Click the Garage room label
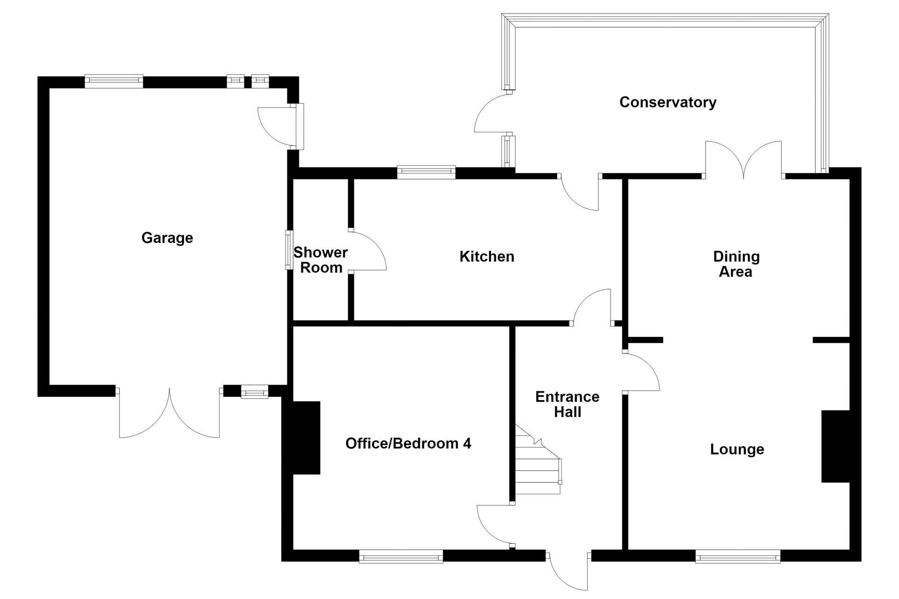pyautogui.click(x=167, y=238)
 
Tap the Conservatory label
pyautogui.click(x=668, y=102)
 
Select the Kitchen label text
pyautogui.click(x=487, y=256)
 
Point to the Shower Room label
pyautogui.click(x=321, y=260)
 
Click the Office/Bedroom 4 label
pyautogui.click(x=408, y=443)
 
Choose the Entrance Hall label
pyautogui.click(x=567, y=404)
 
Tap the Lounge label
pyautogui.click(x=737, y=449)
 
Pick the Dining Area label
pyautogui.click(x=736, y=264)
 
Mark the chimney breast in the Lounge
pyautogui.click(x=836, y=446)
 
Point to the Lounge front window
pyautogui.click(x=738, y=556)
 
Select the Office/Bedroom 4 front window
pyautogui.click(x=401, y=556)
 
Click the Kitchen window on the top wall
pyautogui.click(x=426, y=172)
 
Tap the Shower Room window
pyautogui.click(x=289, y=250)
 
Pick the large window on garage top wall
pyautogui.click(x=114, y=81)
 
